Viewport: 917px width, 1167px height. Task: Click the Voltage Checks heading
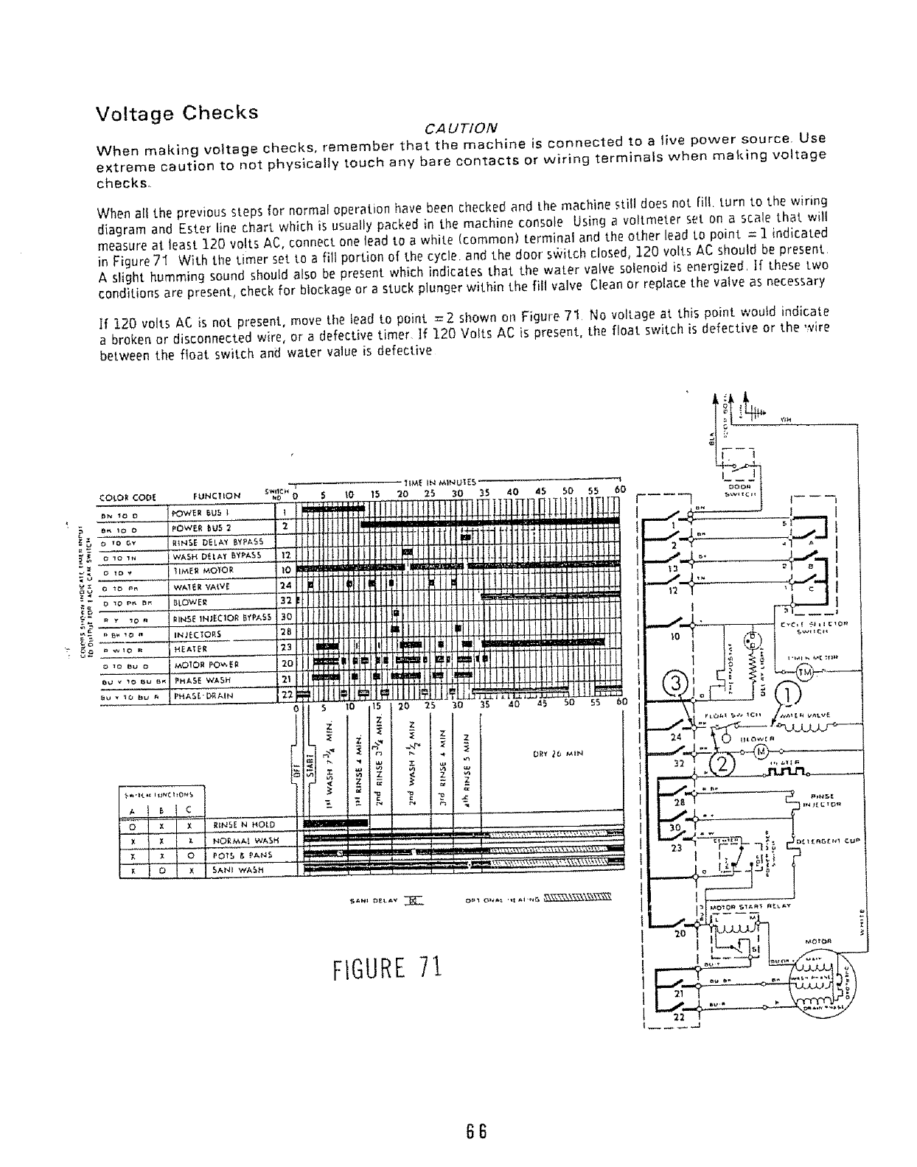(x=178, y=114)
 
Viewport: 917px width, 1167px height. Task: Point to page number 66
(x=472, y=1131)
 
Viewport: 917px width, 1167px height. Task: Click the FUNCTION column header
(x=216, y=496)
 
